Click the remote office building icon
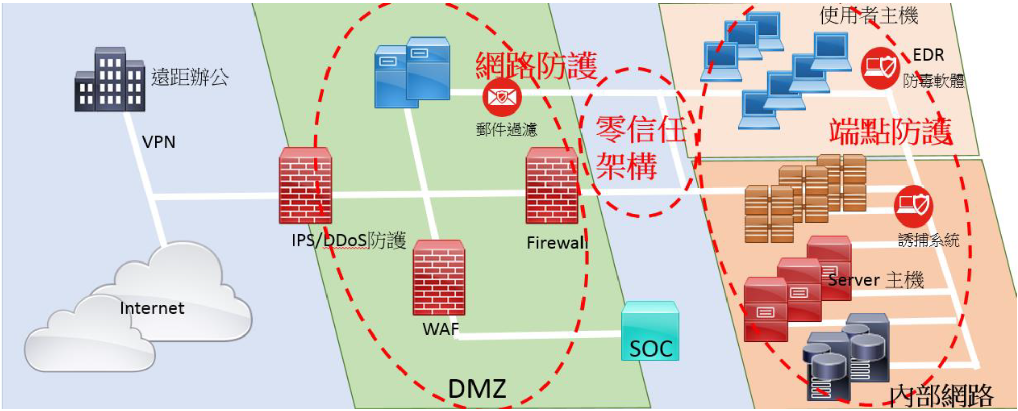(x=110, y=80)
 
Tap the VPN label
(x=159, y=142)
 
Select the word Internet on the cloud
(x=152, y=308)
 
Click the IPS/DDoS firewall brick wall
(x=305, y=185)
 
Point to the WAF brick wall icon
(x=439, y=278)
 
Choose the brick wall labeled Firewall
(x=552, y=185)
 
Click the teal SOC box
(x=650, y=331)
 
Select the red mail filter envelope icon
(x=502, y=97)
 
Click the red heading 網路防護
(x=536, y=65)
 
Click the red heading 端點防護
(x=890, y=132)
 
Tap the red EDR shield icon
(x=880, y=67)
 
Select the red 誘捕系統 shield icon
(x=914, y=206)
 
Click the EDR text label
(x=928, y=55)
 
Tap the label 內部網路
(x=941, y=396)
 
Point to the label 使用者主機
(x=868, y=15)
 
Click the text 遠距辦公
(x=190, y=77)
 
